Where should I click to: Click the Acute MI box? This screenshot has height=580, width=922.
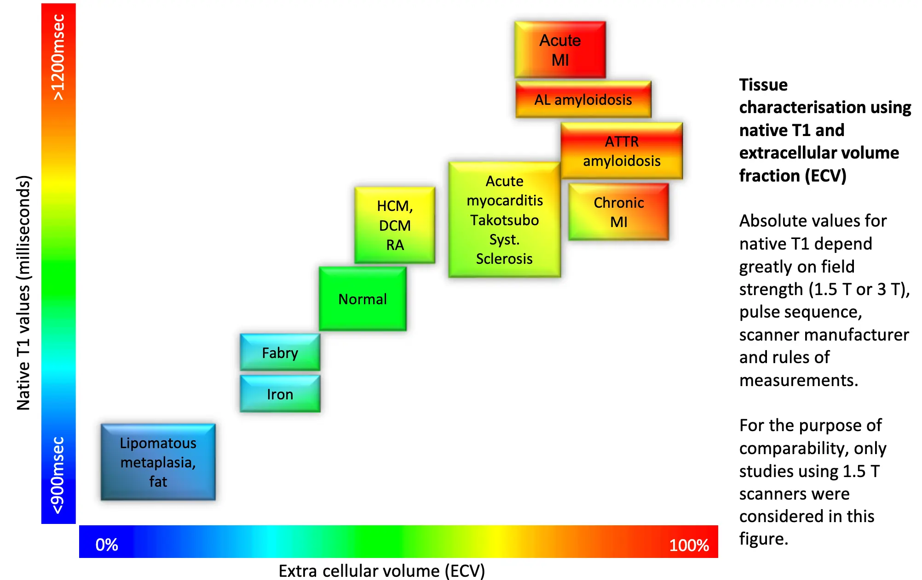[x=560, y=50]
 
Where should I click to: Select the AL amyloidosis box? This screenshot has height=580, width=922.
[x=583, y=99]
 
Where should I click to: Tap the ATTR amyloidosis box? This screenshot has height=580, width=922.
[x=622, y=151]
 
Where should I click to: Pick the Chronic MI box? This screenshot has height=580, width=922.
[x=618, y=212]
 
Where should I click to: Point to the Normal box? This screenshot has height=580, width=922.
[x=363, y=299]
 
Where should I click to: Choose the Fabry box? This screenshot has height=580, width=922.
[x=280, y=353]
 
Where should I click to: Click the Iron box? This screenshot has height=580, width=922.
[x=280, y=394]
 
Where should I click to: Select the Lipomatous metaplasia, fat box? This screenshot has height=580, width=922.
[x=158, y=462]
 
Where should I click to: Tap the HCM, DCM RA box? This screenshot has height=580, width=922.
[x=395, y=225]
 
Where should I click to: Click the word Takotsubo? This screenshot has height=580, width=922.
[x=504, y=220]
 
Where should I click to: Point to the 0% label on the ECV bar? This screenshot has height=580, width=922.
[x=107, y=545]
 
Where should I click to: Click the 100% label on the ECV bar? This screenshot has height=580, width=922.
[x=689, y=545]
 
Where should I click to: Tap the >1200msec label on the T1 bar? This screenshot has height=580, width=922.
[x=58, y=57]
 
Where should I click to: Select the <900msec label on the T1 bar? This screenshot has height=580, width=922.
[x=58, y=475]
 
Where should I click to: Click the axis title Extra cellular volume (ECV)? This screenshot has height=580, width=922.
[x=381, y=571]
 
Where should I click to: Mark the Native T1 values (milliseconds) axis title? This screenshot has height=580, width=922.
[x=23, y=292]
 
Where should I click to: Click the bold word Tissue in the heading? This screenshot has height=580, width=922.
[x=763, y=85]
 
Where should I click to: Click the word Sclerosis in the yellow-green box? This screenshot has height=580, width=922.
[x=504, y=259]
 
